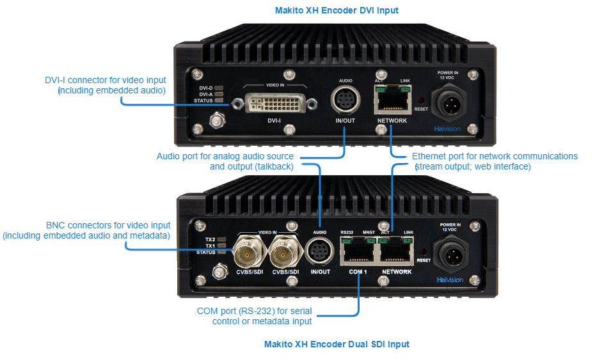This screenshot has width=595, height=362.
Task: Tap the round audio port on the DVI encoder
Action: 345,100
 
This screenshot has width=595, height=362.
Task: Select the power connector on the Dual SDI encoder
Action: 451,255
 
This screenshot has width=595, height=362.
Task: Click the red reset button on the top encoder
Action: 421,100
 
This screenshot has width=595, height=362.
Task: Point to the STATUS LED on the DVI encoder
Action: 219,100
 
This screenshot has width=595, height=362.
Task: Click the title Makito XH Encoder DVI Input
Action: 337,11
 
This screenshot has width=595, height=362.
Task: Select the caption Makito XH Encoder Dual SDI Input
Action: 337,344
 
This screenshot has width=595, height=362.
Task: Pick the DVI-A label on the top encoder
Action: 205,94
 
